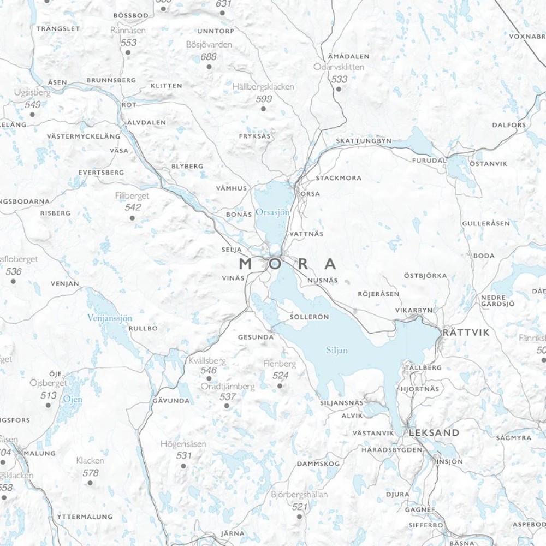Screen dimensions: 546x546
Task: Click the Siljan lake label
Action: [x=336, y=351]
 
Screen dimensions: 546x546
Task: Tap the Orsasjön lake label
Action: [x=273, y=211]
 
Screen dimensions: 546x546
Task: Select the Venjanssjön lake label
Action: [x=110, y=318]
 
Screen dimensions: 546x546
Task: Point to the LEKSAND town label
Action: [x=434, y=432]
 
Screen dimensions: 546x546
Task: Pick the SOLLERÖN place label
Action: [x=310, y=317]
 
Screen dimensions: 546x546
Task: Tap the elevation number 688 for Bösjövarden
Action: [x=209, y=57]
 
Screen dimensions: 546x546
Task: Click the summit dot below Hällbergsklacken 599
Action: [x=263, y=109]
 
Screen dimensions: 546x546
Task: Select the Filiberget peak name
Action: [x=132, y=195]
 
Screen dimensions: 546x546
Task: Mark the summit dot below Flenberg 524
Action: [x=280, y=385]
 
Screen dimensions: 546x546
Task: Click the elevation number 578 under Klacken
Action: [x=91, y=473]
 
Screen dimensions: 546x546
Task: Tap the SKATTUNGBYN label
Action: [x=364, y=140]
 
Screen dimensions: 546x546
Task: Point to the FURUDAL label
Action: [x=429, y=161]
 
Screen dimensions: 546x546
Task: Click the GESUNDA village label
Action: [x=256, y=337]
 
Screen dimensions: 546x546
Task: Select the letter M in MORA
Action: [x=246, y=264]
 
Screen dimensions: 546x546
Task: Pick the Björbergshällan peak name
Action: [x=299, y=495]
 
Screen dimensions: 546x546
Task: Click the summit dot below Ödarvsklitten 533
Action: [x=339, y=88]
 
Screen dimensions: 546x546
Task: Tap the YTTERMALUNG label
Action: [x=85, y=517]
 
